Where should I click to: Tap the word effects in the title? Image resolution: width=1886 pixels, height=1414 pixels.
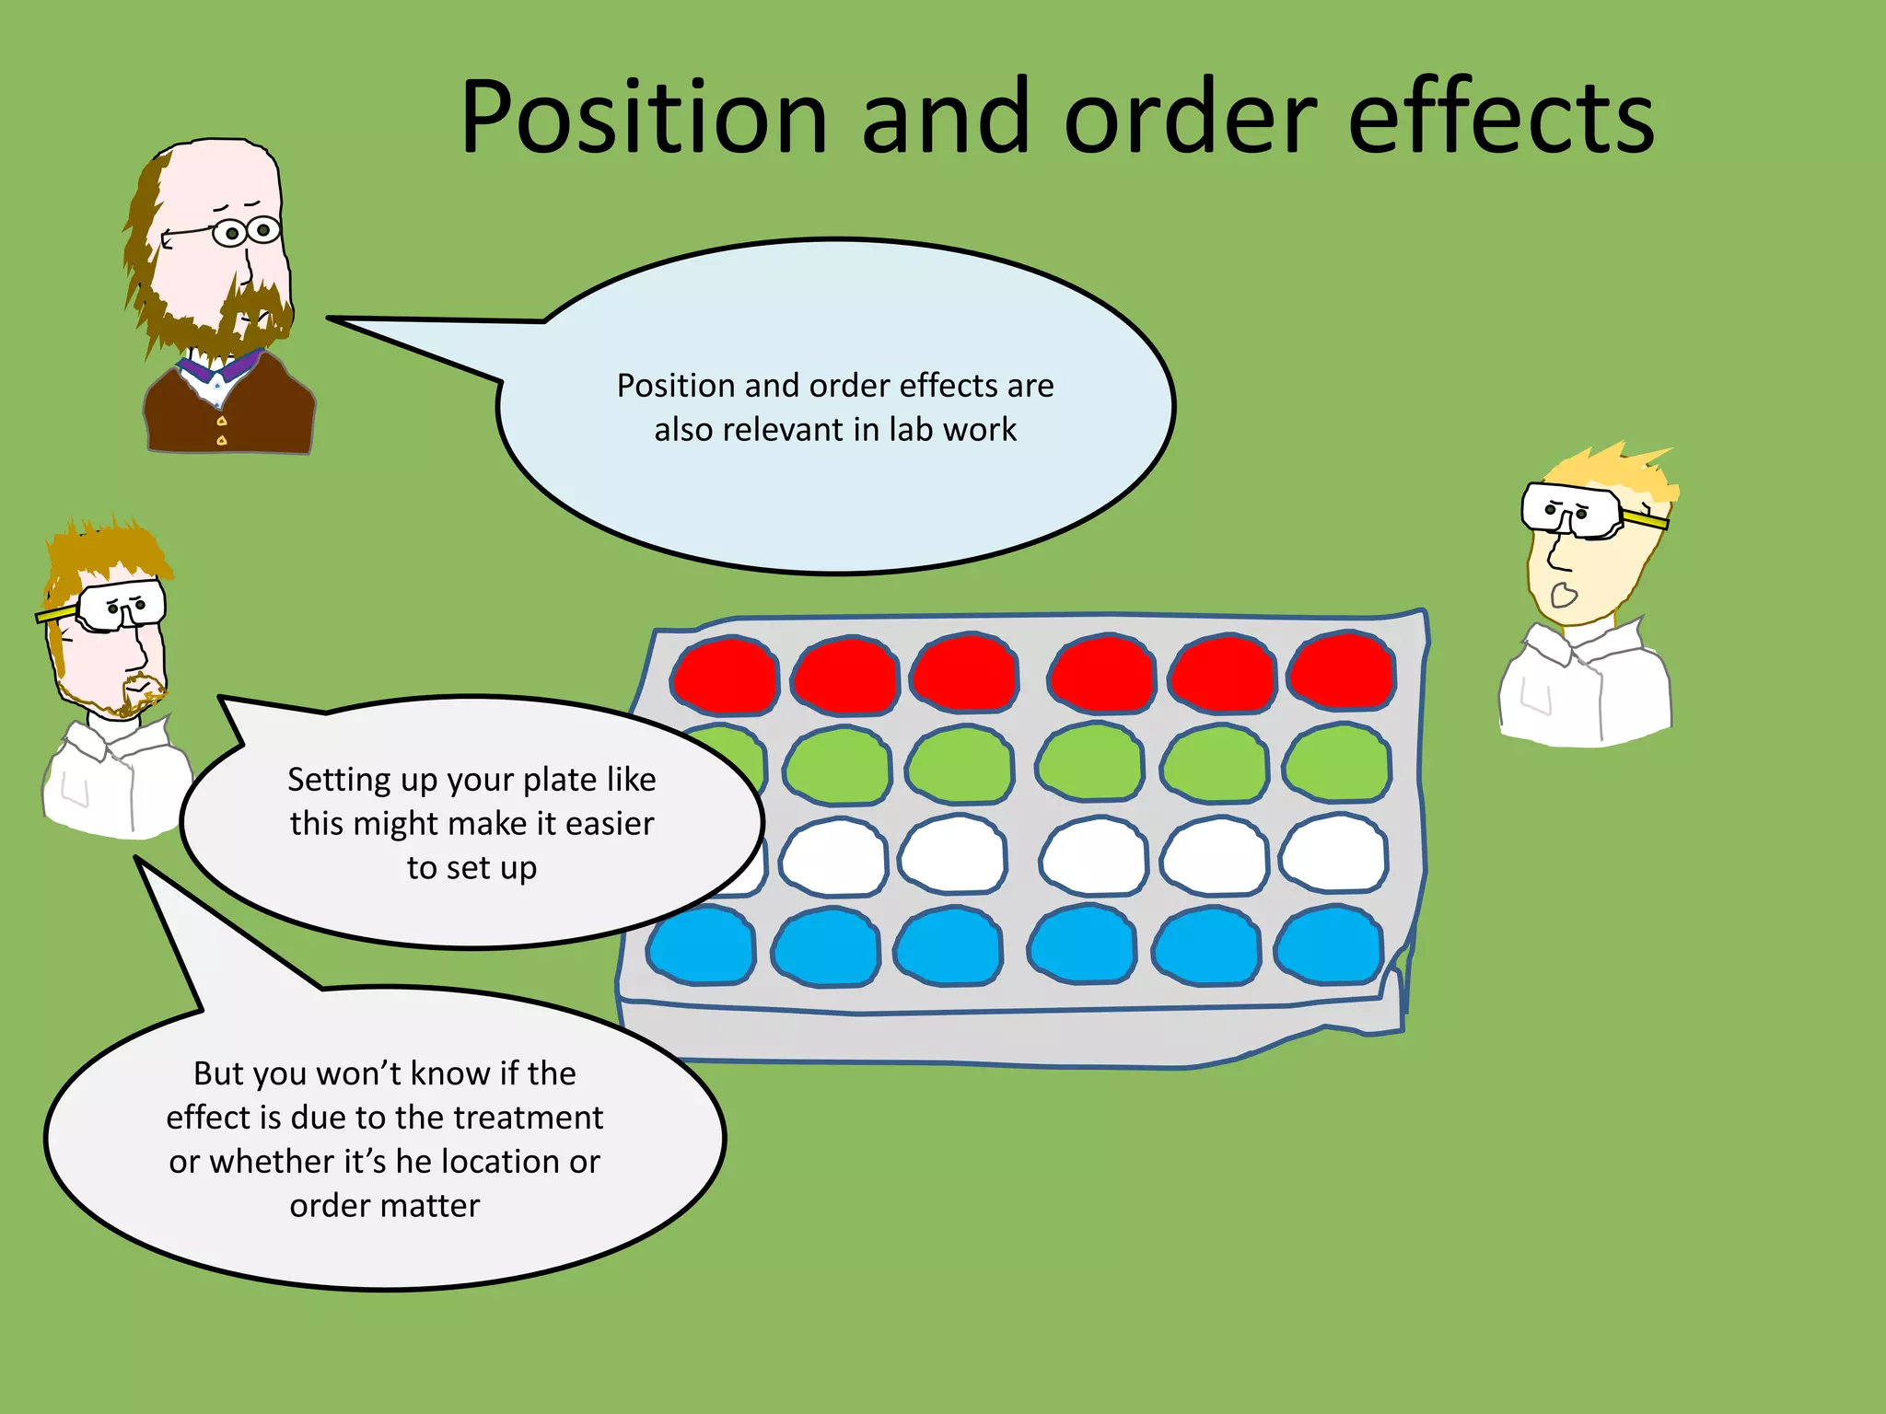1501,118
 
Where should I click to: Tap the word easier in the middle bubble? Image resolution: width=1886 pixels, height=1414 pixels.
609,823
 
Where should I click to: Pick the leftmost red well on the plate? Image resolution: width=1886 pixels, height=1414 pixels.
725,677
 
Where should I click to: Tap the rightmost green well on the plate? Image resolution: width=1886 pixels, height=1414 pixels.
1337,764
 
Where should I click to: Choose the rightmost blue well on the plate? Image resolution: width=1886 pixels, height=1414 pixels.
1329,945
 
